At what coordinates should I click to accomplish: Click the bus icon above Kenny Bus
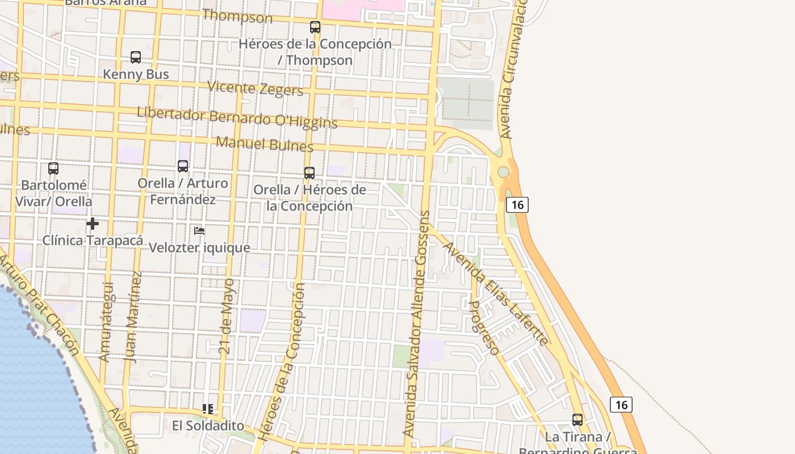[136, 57]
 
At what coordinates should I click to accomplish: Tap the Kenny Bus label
[136, 74]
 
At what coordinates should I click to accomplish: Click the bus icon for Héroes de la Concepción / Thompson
[315, 27]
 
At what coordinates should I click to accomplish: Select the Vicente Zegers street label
[255, 89]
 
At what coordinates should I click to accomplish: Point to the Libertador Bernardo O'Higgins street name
[237, 117]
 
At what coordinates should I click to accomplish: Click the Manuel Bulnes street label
[265, 144]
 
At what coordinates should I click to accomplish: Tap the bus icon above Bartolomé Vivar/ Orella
[53, 169]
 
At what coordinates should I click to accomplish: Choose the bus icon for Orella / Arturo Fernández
[183, 166]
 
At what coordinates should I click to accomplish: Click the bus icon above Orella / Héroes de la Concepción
[309, 173]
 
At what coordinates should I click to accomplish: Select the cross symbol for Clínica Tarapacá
[93, 224]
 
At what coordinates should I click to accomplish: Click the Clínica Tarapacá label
[93, 241]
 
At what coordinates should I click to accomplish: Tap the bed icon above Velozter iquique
[199, 231]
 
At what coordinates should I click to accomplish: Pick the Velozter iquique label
[199, 248]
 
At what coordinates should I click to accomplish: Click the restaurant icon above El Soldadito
[208, 409]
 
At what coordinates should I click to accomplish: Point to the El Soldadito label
[208, 426]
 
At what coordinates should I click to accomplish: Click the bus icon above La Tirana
[578, 420]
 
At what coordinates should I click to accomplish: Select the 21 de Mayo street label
[227, 316]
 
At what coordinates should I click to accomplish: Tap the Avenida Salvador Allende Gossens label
[418, 323]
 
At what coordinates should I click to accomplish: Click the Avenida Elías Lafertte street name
[495, 293]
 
